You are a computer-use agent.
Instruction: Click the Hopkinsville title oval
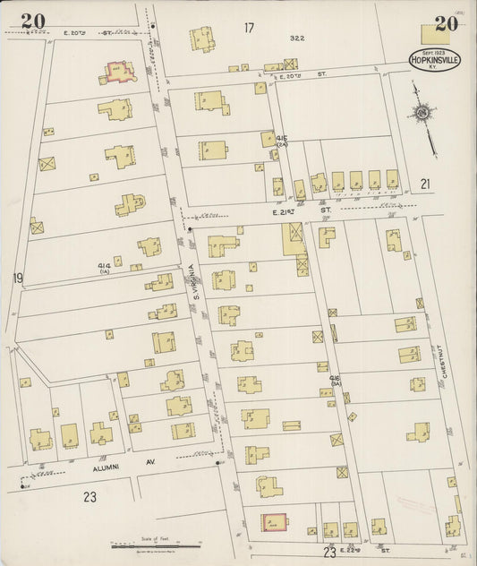435,59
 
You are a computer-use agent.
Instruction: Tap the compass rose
421,113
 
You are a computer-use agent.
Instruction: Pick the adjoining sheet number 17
248,28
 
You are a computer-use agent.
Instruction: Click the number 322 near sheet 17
296,38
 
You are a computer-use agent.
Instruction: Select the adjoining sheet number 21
426,184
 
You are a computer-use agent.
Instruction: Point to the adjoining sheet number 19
17,279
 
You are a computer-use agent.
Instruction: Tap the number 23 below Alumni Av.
89,497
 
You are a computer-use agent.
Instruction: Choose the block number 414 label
105,266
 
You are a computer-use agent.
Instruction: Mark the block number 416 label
336,380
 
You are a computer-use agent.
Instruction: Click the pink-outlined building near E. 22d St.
274,522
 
